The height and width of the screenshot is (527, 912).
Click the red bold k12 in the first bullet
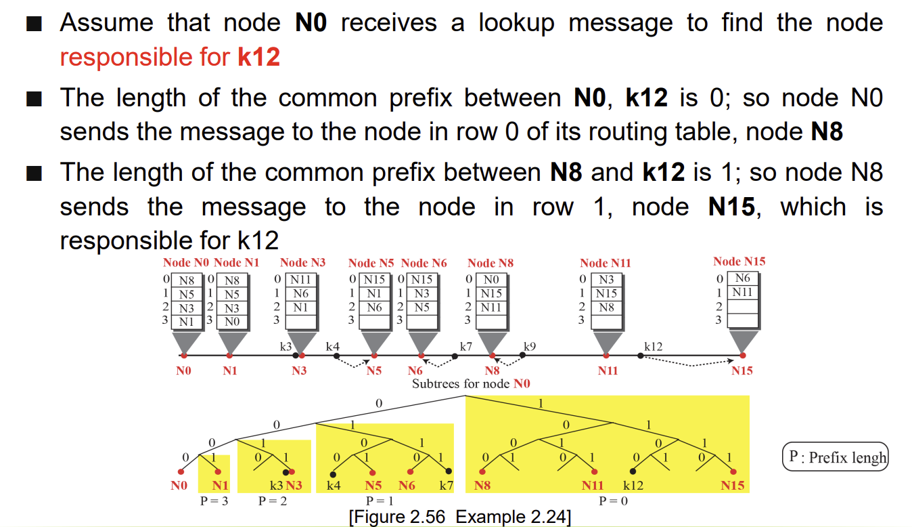pyautogui.click(x=258, y=56)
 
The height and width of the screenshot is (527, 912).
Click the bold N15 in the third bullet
pyautogui.click(x=731, y=207)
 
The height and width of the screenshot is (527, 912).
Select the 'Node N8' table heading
pyautogui.click(x=491, y=263)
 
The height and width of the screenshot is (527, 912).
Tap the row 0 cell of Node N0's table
pyautogui.click(x=187, y=280)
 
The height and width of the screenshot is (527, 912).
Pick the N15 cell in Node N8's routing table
pyautogui.click(x=491, y=293)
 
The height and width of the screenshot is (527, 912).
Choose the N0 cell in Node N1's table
pyautogui.click(x=232, y=322)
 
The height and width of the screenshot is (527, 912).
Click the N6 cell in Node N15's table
pyautogui.click(x=743, y=278)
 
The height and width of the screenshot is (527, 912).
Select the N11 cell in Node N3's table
pyautogui.click(x=300, y=280)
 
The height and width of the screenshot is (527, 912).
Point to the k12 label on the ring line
pyautogui.click(x=653, y=346)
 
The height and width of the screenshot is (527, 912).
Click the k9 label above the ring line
pyautogui.click(x=529, y=346)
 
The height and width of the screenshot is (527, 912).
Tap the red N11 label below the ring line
pyautogui.click(x=608, y=371)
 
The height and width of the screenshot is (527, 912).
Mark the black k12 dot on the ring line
pyautogui.click(x=641, y=356)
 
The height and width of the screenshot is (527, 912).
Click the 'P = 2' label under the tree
pyautogui.click(x=273, y=501)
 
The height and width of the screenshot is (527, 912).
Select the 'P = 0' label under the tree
pyautogui.click(x=613, y=501)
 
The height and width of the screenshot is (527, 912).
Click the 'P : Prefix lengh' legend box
pyautogui.click(x=835, y=457)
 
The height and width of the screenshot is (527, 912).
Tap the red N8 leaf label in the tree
pyautogui.click(x=482, y=486)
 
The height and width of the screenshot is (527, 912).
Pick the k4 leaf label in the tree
pyautogui.click(x=334, y=486)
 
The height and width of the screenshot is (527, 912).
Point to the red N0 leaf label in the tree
pyautogui.click(x=179, y=486)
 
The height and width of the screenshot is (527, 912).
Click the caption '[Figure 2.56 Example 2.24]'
pyautogui.click(x=460, y=517)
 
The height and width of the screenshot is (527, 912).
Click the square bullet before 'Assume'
pyautogui.click(x=35, y=24)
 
